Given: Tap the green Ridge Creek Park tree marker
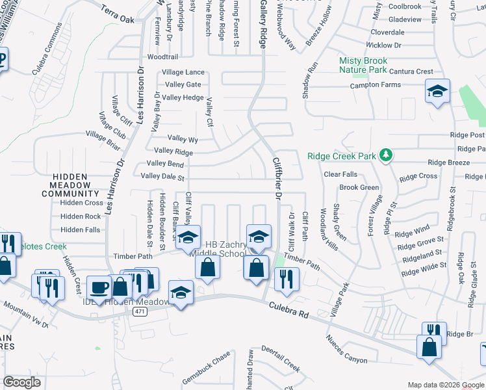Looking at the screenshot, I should point(387,154).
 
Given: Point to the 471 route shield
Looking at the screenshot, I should point(138,312).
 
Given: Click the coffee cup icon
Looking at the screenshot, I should point(100,287).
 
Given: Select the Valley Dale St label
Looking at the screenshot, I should point(162,176).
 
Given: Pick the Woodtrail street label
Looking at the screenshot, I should point(162,57).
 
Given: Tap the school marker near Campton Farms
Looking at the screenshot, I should point(437,92).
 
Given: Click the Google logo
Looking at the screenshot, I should point(21,382).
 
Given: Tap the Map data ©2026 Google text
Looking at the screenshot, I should point(446,385).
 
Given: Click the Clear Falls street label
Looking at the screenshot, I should point(340,174).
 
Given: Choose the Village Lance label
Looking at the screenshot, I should point(183,72).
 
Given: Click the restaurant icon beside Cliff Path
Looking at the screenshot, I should point(285,279).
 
